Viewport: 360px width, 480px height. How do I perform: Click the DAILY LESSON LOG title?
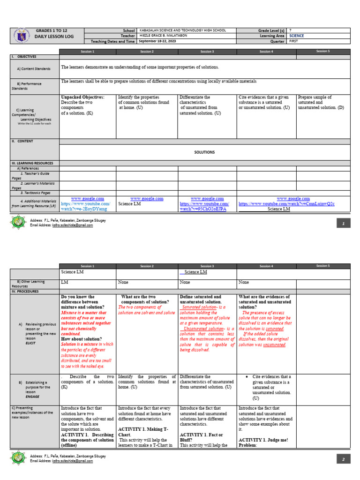pyautogui.click(x=53, y=37)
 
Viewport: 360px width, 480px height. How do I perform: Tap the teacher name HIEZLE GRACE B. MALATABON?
pyautogui.click(x=162, y=36)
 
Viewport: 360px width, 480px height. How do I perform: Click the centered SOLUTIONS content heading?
pyautogui.click(x=204, y=152)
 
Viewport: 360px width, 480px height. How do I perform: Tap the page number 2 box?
pyautogui.click(x=344, y=459)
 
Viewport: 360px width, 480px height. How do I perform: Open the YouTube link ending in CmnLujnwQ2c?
pyautogui.click(x=286, y=204)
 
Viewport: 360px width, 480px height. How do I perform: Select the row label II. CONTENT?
pyautogui.click(x=22, y=141)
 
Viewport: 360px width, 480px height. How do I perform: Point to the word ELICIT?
pyautogui.click(x=31, y=343)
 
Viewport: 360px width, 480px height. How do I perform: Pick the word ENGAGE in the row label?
pyautogui.click(x=33, y=396)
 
